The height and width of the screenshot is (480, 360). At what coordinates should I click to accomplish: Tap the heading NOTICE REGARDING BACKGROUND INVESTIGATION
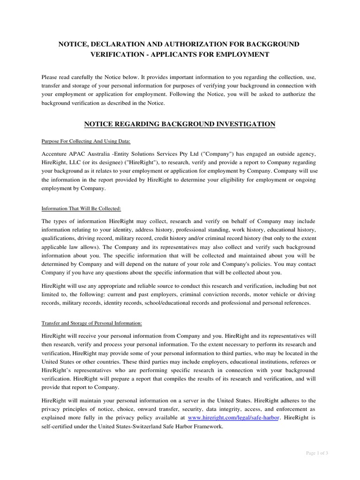[x=180, y=124]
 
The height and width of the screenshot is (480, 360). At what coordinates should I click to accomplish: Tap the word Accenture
[x=56, y=155]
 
